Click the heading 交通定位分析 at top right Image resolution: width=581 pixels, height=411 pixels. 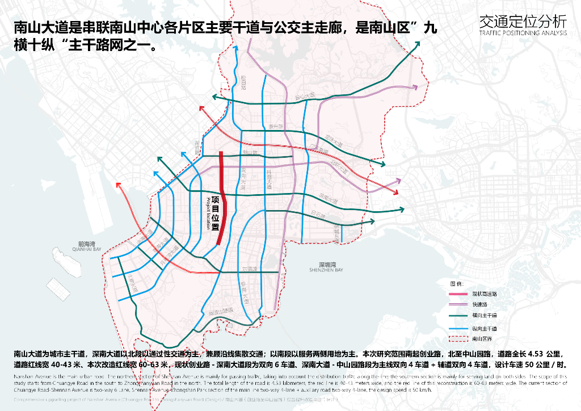(523, 22)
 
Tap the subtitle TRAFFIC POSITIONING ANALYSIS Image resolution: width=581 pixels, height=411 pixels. (523, 33)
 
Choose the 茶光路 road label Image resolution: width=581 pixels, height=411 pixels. (274, 126)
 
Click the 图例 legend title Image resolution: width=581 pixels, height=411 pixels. (457, 283)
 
